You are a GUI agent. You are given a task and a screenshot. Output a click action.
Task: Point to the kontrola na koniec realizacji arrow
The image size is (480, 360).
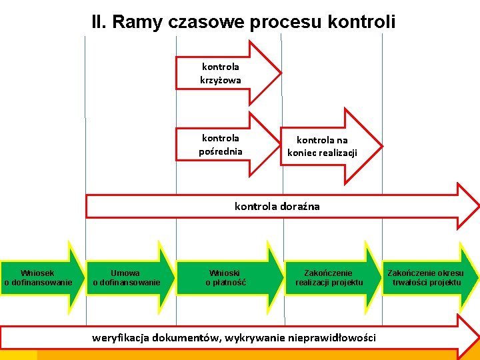coord(327,147)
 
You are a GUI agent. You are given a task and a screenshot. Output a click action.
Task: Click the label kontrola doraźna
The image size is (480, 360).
coord(277,206)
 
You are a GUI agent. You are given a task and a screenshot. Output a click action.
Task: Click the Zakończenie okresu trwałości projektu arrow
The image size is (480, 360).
coord(427,277)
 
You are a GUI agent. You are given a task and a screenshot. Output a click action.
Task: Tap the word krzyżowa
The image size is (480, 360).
coord(221,80)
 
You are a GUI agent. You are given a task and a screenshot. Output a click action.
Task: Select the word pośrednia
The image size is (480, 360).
coord(221,151)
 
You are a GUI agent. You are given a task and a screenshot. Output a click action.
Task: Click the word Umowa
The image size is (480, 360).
coord(125,273)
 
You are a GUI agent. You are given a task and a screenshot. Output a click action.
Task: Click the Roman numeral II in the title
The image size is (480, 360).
coord(99,22)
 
